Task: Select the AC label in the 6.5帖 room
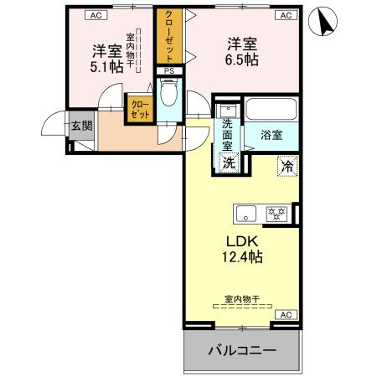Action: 286,15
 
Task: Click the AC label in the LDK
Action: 286,314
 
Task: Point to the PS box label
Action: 168,71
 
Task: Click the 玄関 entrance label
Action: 81,127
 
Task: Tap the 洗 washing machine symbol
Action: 229,163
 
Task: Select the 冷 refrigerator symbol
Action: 287,166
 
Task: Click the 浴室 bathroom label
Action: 271,134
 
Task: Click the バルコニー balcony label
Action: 242,350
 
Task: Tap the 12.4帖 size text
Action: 241,257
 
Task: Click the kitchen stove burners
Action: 276,212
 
